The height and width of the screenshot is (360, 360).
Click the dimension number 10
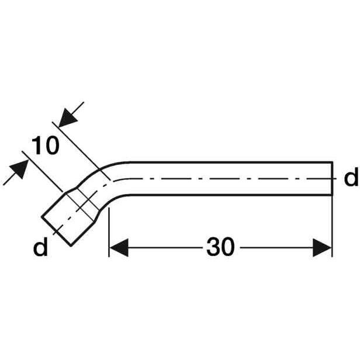point(45,146)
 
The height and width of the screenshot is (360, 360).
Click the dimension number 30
point(220,247)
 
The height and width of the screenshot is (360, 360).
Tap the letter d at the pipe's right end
point(351,176)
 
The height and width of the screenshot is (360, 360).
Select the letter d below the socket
point(40,247)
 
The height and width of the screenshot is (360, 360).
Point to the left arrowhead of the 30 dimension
point(119,248)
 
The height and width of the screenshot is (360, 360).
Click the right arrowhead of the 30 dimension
point(323,248)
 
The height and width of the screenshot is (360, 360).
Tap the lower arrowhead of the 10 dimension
point(19,169)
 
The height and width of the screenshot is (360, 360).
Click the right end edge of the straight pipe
point(332,179)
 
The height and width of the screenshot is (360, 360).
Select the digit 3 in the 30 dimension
point(213,247)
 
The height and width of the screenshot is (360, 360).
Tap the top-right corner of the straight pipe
point(333,162)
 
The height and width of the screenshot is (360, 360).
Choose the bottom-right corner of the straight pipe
point(333,195)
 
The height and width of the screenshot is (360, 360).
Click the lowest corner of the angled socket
point(71,246)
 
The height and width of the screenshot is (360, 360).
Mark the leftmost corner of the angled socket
point(42,216)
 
